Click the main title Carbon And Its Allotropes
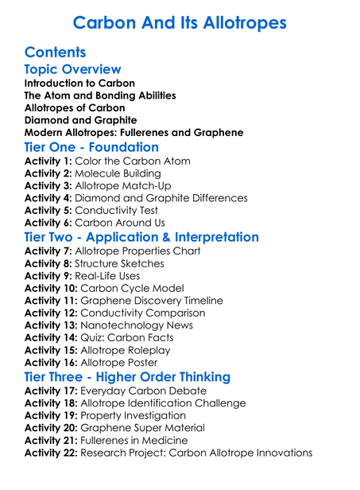click(x=180, y=22)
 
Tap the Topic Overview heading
click(x=73, y=70)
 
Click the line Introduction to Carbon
click(x=79, y=83)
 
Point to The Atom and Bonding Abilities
click(x=100, y=95)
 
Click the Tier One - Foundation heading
click(x=91, y=147)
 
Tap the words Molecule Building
click(x=118, y=173)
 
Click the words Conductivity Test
click(x=116, y=211)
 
